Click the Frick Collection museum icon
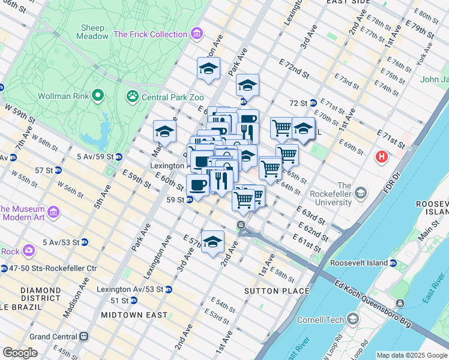point(196,34)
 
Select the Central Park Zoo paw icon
point(131,97)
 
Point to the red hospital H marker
point(381,158)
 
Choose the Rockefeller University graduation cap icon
point(360,193)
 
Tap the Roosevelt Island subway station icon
point(392,263)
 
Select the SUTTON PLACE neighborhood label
point(277,291)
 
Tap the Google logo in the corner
point(20,353)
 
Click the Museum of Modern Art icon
point(53,212)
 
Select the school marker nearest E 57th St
point(212,242)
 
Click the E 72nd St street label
point(294,68)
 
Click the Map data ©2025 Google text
point(411,355)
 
